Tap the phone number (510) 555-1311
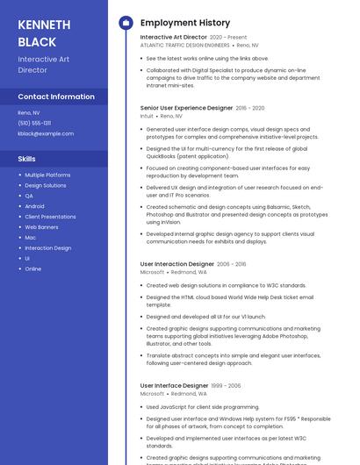point(34,123)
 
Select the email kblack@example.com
point(46,133)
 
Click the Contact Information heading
point(56,97)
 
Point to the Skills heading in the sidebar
point(27,159)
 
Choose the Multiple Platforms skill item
point(47,175)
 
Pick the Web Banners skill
point(41,226)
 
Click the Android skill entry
point(34,206)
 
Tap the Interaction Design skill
point(48,247)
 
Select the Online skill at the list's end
point(32,268)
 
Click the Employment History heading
point(185,23)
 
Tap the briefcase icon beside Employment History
point(126,23)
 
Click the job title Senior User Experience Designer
point(185,108)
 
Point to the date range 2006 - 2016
point(232,264)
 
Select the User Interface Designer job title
point(174,386)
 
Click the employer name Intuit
point(147,116)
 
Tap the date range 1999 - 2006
point(227,386)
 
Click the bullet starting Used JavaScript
point(203,407)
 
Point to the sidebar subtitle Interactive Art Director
point(43,64)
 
